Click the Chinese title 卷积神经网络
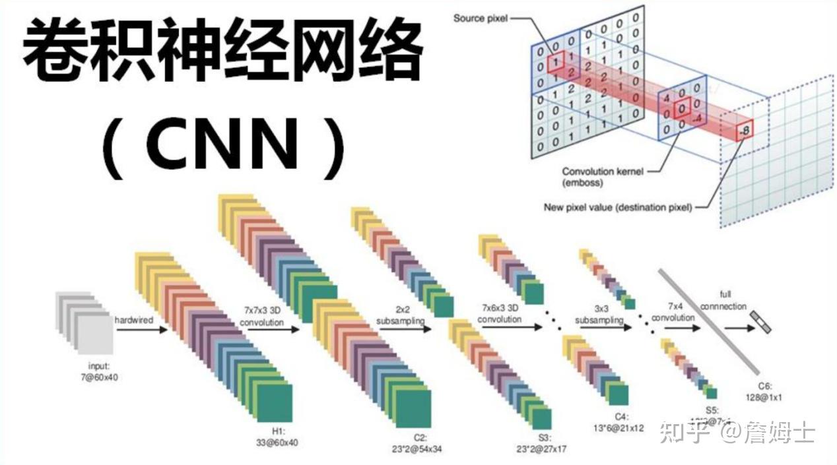click(x=223, y=51)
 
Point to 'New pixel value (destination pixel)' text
click(x=618, y=207)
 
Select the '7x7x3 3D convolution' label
click(x=261, y=317)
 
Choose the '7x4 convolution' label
click(x=673, y=313)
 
